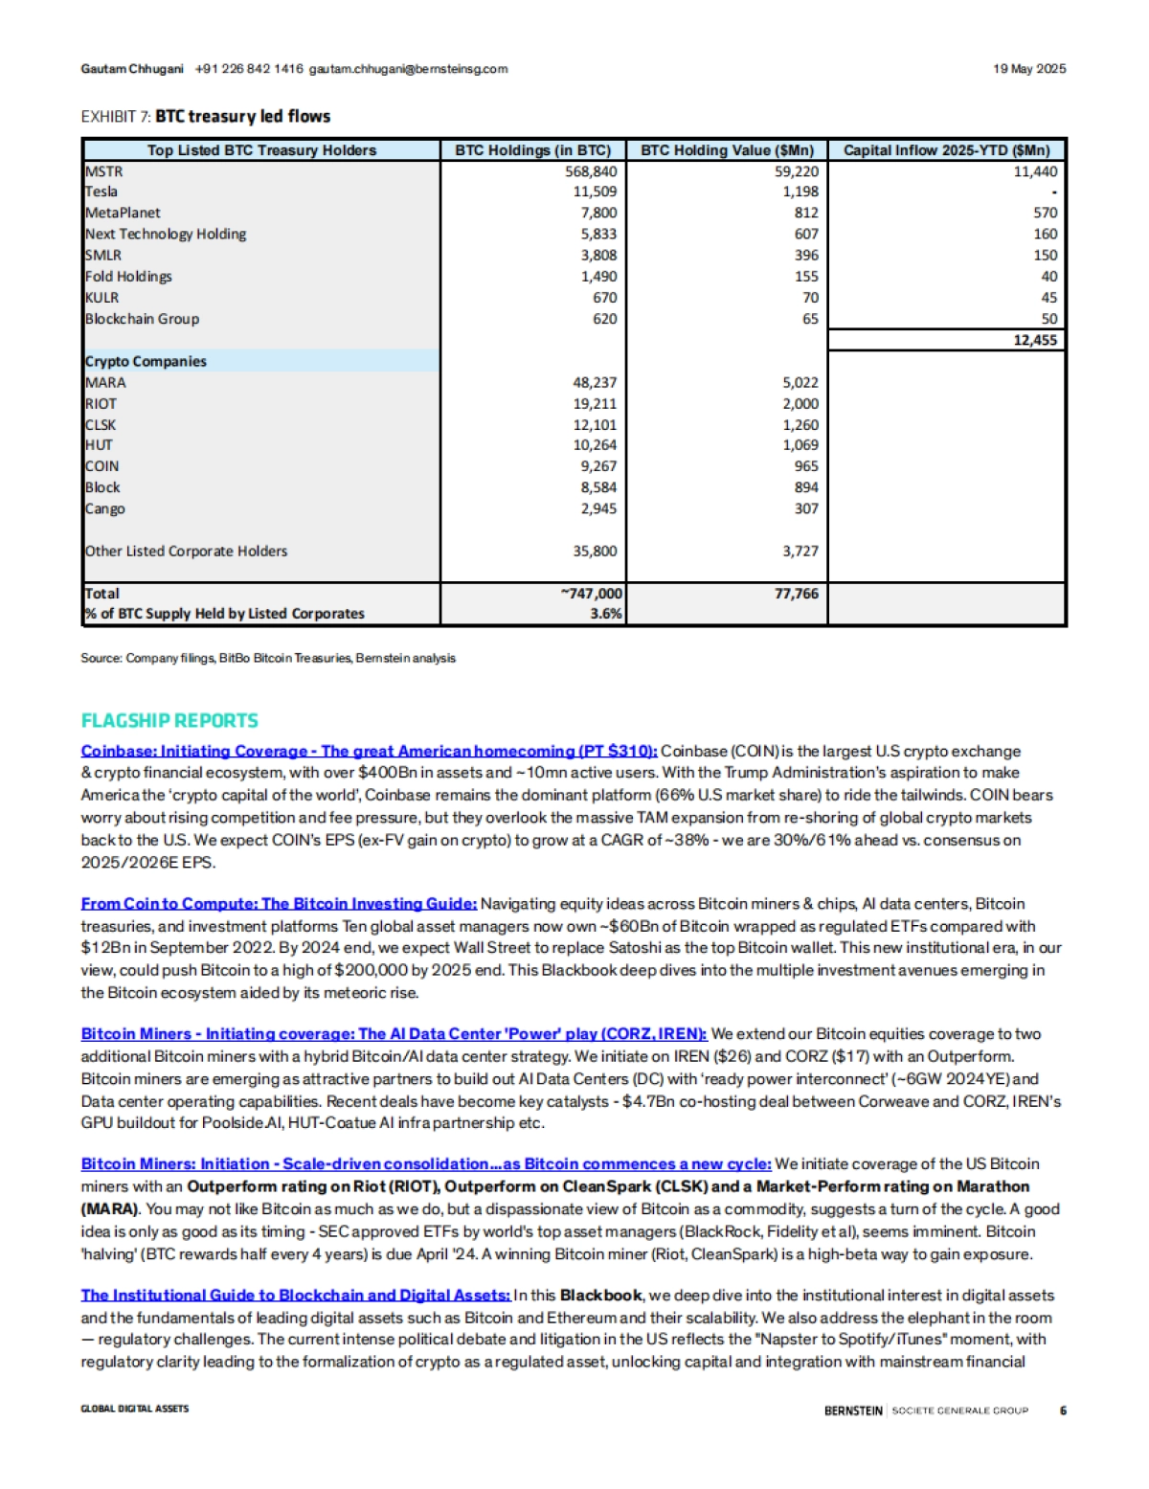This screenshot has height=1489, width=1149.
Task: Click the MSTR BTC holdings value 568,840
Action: coord(591,171)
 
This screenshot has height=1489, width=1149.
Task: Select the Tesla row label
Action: coord(101,192)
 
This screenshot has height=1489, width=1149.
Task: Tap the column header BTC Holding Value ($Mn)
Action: coord(727,150)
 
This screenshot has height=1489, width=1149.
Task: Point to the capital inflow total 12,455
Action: coord(1035,340)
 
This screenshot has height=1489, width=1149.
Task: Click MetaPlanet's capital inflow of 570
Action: coord(1045,213)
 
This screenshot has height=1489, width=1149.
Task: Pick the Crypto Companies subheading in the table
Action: coord(146,361)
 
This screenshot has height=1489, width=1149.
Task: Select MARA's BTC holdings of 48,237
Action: coord(595,382)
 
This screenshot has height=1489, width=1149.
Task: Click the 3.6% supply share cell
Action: coord(605,614)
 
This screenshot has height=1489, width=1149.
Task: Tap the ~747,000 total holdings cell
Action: coord(591,594)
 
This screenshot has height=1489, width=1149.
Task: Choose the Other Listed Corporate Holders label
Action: coord(186,551)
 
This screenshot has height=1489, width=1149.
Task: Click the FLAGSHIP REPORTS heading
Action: coord(169,720)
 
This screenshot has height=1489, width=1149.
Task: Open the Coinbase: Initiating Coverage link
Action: coord(369,751)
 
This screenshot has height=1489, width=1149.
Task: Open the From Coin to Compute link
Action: coord(279,903)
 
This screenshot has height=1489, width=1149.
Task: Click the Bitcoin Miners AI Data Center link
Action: coord(394,1034)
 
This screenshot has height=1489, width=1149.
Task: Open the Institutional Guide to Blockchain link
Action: coord(295,1295)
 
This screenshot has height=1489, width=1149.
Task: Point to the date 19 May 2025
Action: coord(1028,69)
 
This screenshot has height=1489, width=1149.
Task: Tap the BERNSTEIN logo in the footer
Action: coord(853,1410)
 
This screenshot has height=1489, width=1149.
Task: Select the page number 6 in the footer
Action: coord(1063,1410)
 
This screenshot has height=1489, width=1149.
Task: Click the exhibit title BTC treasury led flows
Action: coord(242,116)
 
